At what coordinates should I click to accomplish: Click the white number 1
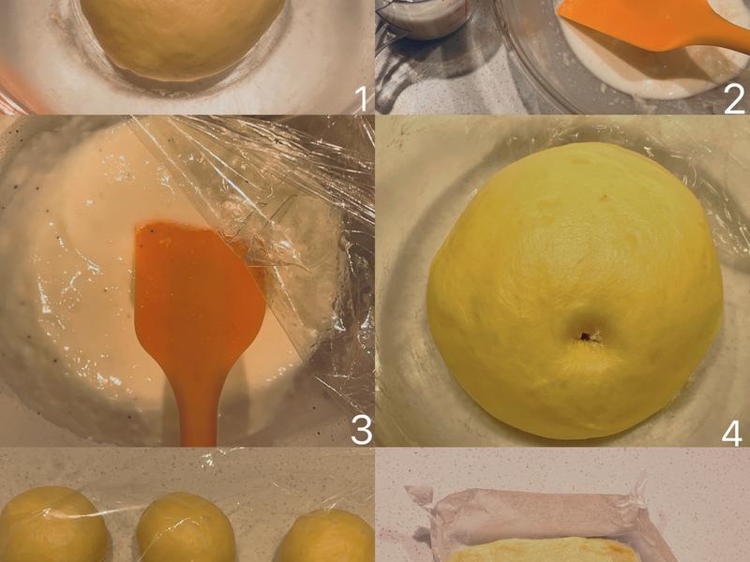pos(362,99)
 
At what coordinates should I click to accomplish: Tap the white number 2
pos(734,99)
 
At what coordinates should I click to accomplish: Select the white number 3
pos(361,430)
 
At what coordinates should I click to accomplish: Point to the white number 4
pos(732,433)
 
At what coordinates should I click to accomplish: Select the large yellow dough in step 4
pos(575,291)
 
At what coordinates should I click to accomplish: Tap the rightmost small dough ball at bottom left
pos(327,536)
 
